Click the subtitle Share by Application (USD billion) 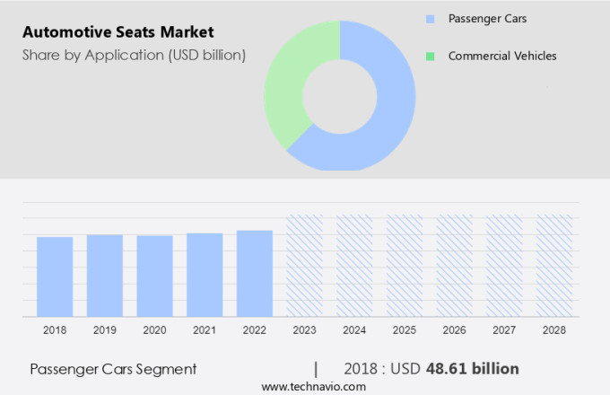(x=134, y=56)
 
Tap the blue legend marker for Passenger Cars (x=431, y=18)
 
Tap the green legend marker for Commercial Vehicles (x=431, y=56)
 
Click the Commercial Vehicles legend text (x=502, y=56)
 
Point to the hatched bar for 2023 (x=304, y=265)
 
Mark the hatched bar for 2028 (x=554, y=265)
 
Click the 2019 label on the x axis (x=105, y=330)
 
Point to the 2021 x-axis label (x=205, y=330)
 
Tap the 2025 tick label (x=405, y=330)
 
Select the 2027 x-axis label (x=504, y=330)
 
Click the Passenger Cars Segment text (x=113, y=369)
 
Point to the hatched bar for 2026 (x=454, y=265)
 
